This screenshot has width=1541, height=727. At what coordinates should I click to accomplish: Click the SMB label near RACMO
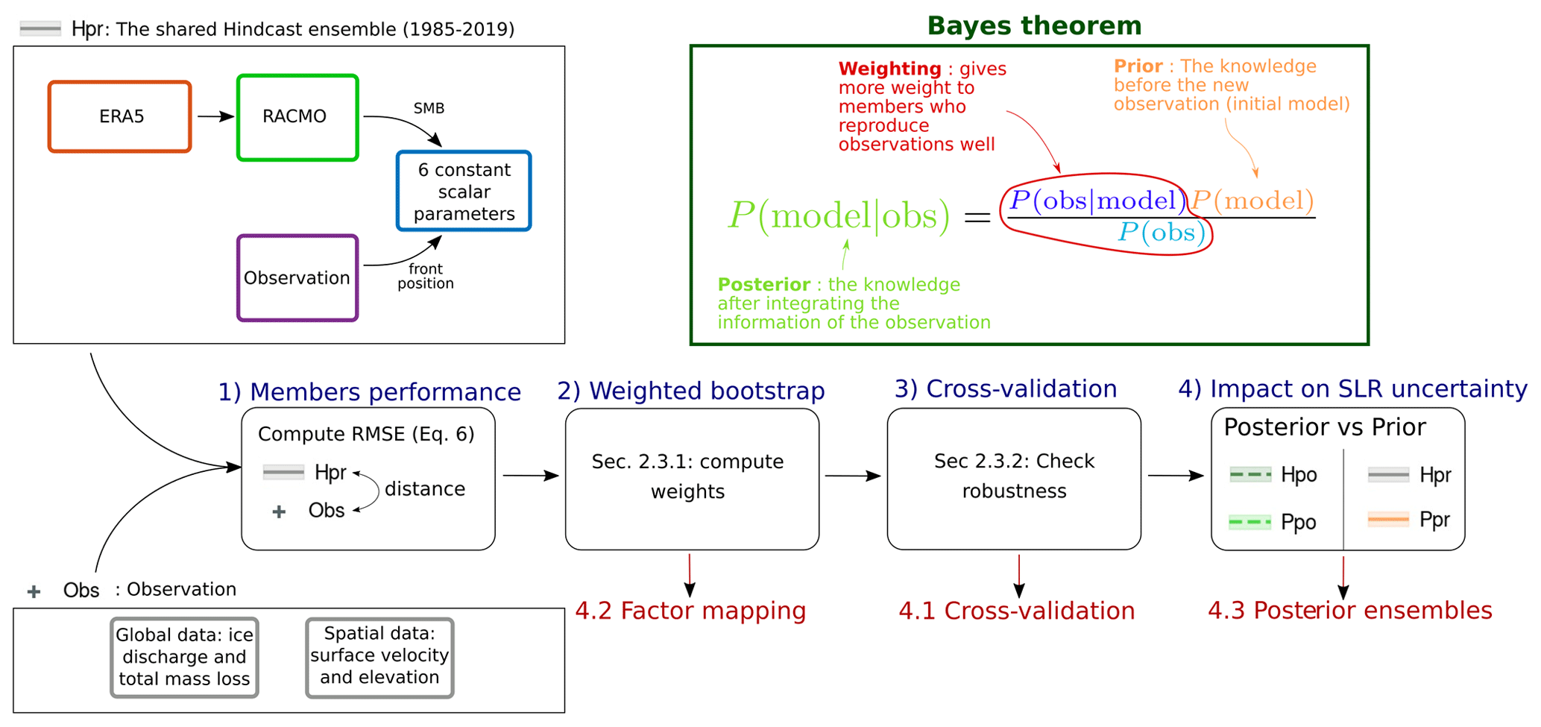click(429, 108)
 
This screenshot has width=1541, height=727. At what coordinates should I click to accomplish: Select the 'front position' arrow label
click(426, 276)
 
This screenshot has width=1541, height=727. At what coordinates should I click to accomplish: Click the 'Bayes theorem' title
click(1034, 26)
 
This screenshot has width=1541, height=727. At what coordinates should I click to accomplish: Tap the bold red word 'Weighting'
click(890, 69)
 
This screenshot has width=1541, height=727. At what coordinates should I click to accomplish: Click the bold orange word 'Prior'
click(1138, 66)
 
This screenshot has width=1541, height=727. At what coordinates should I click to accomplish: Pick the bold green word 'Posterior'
click(764, 284)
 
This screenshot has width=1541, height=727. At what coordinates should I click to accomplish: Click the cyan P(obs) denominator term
click(1162, 233)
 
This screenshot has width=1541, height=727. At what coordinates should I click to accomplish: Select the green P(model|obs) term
click(839, 216)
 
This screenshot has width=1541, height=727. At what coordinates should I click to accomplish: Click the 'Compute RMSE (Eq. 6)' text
click(366, 434)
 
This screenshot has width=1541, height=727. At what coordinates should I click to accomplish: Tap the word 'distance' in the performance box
click(425, 489)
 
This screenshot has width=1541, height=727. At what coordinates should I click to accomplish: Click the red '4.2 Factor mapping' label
click(690, 611)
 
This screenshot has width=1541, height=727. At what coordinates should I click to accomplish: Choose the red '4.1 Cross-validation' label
click(1017, 611)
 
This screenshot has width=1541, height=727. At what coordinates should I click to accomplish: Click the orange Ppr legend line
click(1388, 519)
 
